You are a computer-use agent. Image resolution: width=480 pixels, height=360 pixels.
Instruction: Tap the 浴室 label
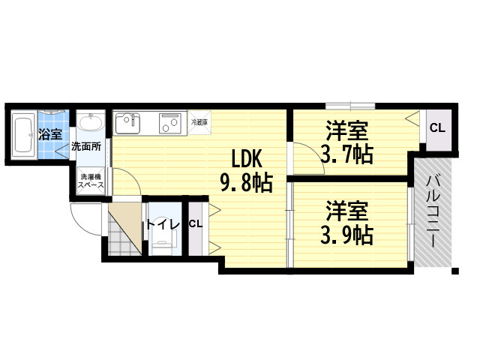point(50,134)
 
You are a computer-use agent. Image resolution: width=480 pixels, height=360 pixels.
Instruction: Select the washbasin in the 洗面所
point(90,123)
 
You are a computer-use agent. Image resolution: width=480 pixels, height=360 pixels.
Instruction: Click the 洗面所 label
point(86,147)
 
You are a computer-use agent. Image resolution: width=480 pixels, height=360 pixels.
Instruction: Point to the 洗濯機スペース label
point(91,181)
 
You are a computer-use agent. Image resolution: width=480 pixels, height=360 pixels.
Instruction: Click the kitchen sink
point(128,123)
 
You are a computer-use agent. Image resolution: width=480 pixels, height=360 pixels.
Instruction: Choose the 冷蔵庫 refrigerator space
point(199,122)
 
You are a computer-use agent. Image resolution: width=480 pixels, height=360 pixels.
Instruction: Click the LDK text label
point(247,160)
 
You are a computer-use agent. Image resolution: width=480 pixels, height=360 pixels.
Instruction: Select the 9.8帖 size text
point(247,183)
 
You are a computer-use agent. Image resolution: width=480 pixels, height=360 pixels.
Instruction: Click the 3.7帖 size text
point(346,154)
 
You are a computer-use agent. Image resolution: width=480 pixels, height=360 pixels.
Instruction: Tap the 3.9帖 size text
point(346,235)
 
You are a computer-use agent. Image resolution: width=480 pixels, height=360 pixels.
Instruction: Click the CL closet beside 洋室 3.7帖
point(439,129)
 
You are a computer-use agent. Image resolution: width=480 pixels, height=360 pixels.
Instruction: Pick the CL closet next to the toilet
point(196,228)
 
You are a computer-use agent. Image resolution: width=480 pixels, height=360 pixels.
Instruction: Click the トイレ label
point(162,225)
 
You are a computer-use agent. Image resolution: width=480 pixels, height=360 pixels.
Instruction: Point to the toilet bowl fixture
point(162,241)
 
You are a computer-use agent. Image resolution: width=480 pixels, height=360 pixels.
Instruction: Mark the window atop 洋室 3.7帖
point(350,106)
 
